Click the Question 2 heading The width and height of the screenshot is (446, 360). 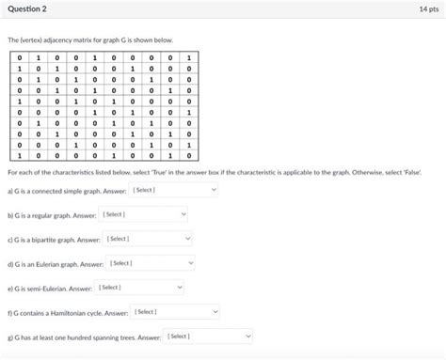[27, 9]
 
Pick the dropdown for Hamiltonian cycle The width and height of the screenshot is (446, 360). [175, 311]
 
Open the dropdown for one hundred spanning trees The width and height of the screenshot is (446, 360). [208, 336]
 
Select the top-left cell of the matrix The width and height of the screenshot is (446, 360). [19, 58]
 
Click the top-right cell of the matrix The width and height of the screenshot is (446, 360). [189, 58]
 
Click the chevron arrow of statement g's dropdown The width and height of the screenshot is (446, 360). [247, 336]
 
